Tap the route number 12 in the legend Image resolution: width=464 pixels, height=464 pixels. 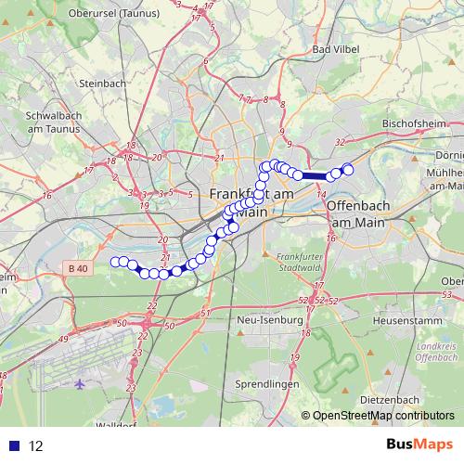[37, 445]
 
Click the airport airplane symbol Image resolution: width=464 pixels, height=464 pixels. [80, 383]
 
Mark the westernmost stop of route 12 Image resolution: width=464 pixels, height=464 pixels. [116, 262]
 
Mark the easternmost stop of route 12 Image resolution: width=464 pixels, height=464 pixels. [348, 168]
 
